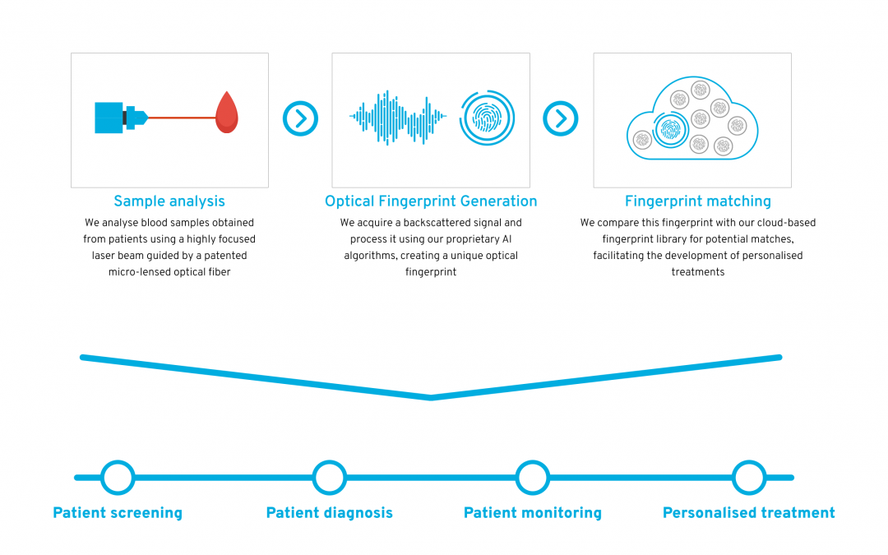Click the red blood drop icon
pyautogui.click(x=227, y=113)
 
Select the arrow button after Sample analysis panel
pyautogui.click(x=300, y=118)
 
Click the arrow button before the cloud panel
pyautogui.click(x=561, y=118)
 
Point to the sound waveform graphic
pyautogui.click(x=398, y=118)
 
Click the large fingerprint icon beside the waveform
pyautogui.click(x=487, y=118)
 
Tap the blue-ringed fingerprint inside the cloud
pyautogui.click(x=670, y=130)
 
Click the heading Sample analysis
pyautogui.click(x=169, y=201)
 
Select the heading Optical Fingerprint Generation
pyautogui.click(x=431, y=201)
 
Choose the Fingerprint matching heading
pyautogui.click(x=698, y=201)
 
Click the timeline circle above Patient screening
pyautogui.click(x=118, y=478)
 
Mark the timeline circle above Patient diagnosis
pyautogui.click(x=330, y=478)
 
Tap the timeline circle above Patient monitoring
pyautogui.click(x=532, y=478)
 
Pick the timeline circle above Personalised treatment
pyautogui.click(x=749, y=478)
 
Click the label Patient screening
pyautogui.click(x=118, y=513)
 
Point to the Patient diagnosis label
pyautogui.click(x=330, y=513)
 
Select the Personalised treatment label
pyautogui.click(x=749, y=513)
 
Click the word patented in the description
pyautogui.click(x=225, y=256)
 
